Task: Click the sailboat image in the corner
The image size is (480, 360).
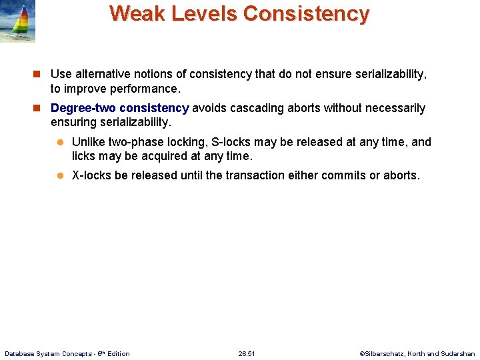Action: (x=18, y=21)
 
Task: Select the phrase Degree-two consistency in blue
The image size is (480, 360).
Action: (x=120, y=108)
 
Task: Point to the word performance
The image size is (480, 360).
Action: (x=147, y=89)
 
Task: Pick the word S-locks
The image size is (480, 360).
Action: (x=229, y=142)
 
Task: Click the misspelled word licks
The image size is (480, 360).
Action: (x=84, y=157)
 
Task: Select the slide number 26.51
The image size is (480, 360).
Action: (x=247, y=353)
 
